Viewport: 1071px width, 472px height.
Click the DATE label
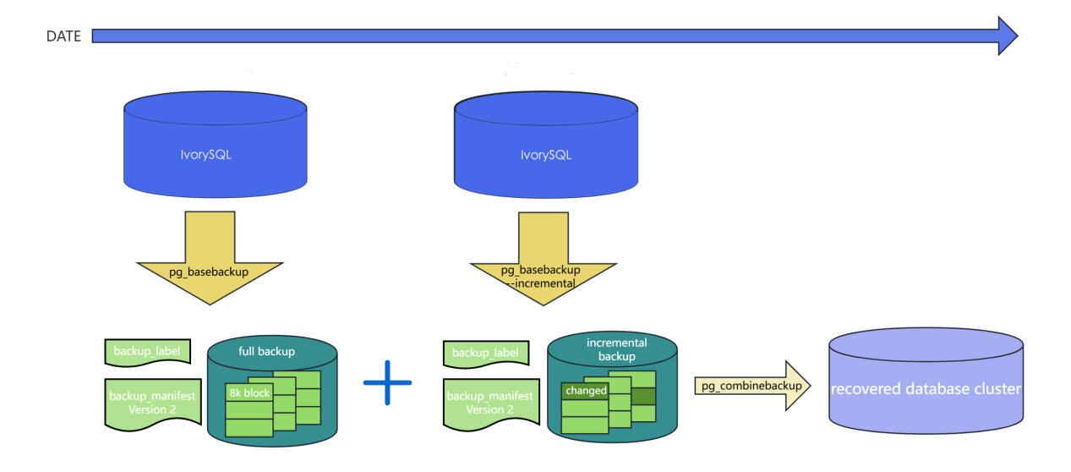[63, 36]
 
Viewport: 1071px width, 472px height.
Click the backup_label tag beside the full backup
[147, 351]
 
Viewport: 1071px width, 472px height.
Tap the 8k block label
[249, 393]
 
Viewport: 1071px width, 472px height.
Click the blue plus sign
[388, 382]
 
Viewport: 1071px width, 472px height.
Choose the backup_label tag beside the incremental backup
[486, 352]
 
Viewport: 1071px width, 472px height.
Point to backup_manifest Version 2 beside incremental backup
[489, 403]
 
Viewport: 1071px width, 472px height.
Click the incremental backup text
[616, 349]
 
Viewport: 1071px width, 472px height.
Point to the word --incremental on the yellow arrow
[543, 283]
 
